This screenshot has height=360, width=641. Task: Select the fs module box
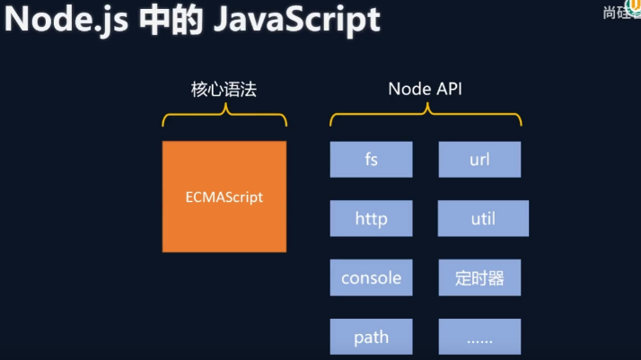(x=371, y=160)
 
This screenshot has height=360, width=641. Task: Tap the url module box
(x=479, y=160)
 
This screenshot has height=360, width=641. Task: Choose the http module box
(x=371, y=218)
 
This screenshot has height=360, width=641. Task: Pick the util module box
(x=483, y=218)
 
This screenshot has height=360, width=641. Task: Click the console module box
(x=371, y=277)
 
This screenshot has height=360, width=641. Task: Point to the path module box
(x=371, y=337)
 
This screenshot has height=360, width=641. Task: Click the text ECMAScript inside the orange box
(x=224, y=197)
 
